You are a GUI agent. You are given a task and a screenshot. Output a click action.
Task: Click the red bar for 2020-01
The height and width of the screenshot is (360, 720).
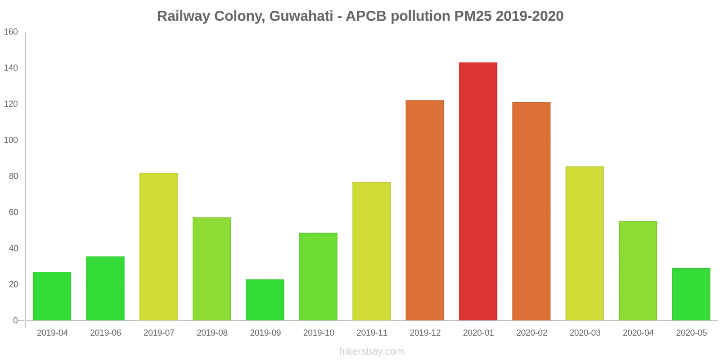tap(478, 191)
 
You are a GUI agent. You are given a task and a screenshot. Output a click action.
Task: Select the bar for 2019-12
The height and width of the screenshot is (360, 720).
tap(425, 210)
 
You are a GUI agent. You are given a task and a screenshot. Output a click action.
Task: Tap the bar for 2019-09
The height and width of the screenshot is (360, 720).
tap(265, 300)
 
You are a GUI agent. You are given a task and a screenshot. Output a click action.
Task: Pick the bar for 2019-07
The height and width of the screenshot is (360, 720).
tap(158, 247)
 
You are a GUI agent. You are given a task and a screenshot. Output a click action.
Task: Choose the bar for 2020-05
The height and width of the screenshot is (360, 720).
tap(691, 294)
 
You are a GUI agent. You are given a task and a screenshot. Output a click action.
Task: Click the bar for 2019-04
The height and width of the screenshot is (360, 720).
tap(52, 296)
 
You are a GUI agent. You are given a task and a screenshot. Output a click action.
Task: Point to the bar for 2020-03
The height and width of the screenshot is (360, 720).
tap(585, 243)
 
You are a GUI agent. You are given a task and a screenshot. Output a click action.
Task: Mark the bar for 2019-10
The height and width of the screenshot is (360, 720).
tap(318, 276)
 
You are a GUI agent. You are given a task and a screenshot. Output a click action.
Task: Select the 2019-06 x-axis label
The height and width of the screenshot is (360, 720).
tap(105, 333)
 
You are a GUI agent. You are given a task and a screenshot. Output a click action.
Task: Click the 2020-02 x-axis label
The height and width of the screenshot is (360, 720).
tap(531, 333)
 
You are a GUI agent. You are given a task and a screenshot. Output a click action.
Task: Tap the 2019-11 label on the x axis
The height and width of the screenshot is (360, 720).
tap(372, 333)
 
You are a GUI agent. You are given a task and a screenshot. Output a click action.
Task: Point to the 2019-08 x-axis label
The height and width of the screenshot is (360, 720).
tap(212, 333)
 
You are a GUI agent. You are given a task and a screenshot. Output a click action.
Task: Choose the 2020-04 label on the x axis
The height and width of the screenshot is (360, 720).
tap(638, 333)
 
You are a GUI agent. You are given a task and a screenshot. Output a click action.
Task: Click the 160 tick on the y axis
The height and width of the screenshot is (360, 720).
tap(11, 32)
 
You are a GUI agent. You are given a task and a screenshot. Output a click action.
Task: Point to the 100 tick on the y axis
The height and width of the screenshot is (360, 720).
tap(11, 140)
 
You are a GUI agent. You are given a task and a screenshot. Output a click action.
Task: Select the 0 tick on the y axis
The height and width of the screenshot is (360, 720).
tap(15, 320)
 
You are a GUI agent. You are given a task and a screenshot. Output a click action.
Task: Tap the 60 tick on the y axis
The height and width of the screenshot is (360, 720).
tap(13, 212)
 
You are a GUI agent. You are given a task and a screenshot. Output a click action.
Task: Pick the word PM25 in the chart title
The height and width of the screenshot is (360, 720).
tap(473, 16)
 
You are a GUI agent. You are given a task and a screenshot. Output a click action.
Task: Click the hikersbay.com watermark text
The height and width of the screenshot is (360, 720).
tap(372, 351)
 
